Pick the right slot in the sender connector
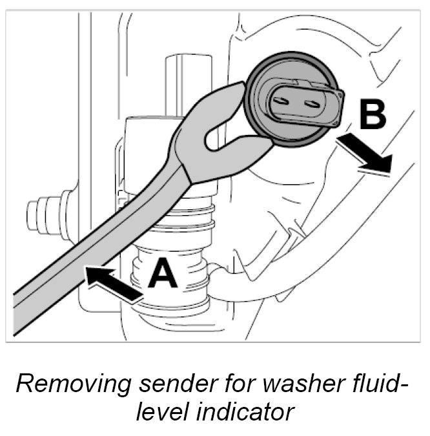312,102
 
